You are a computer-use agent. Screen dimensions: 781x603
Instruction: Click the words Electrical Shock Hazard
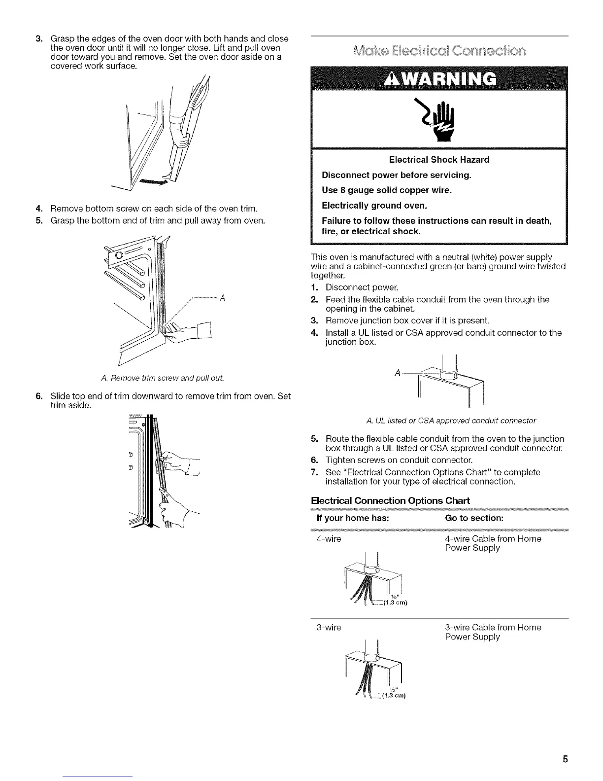point(439,160)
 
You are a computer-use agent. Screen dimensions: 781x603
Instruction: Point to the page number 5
point(566,759)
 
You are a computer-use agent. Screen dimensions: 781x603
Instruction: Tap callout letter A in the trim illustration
point(223,298)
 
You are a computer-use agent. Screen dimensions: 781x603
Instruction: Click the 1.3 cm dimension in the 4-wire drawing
point(398,602)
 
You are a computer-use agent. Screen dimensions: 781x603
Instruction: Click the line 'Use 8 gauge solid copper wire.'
point(387,190)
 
